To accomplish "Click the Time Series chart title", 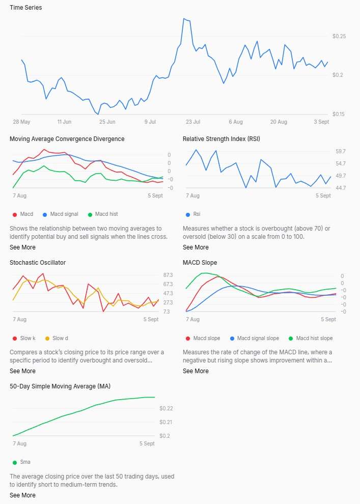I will pos(25,8).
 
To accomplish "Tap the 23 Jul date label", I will pos(193,122).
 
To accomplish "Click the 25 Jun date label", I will pos(107,122).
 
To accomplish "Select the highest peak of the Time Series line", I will pos(184,19).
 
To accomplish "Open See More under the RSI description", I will pos(196,247).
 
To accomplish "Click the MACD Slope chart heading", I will pos(200,263).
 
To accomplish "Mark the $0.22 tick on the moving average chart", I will pos(166,408).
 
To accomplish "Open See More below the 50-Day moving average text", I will pos(22,495).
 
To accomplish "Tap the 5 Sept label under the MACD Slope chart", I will pos(328,320).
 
